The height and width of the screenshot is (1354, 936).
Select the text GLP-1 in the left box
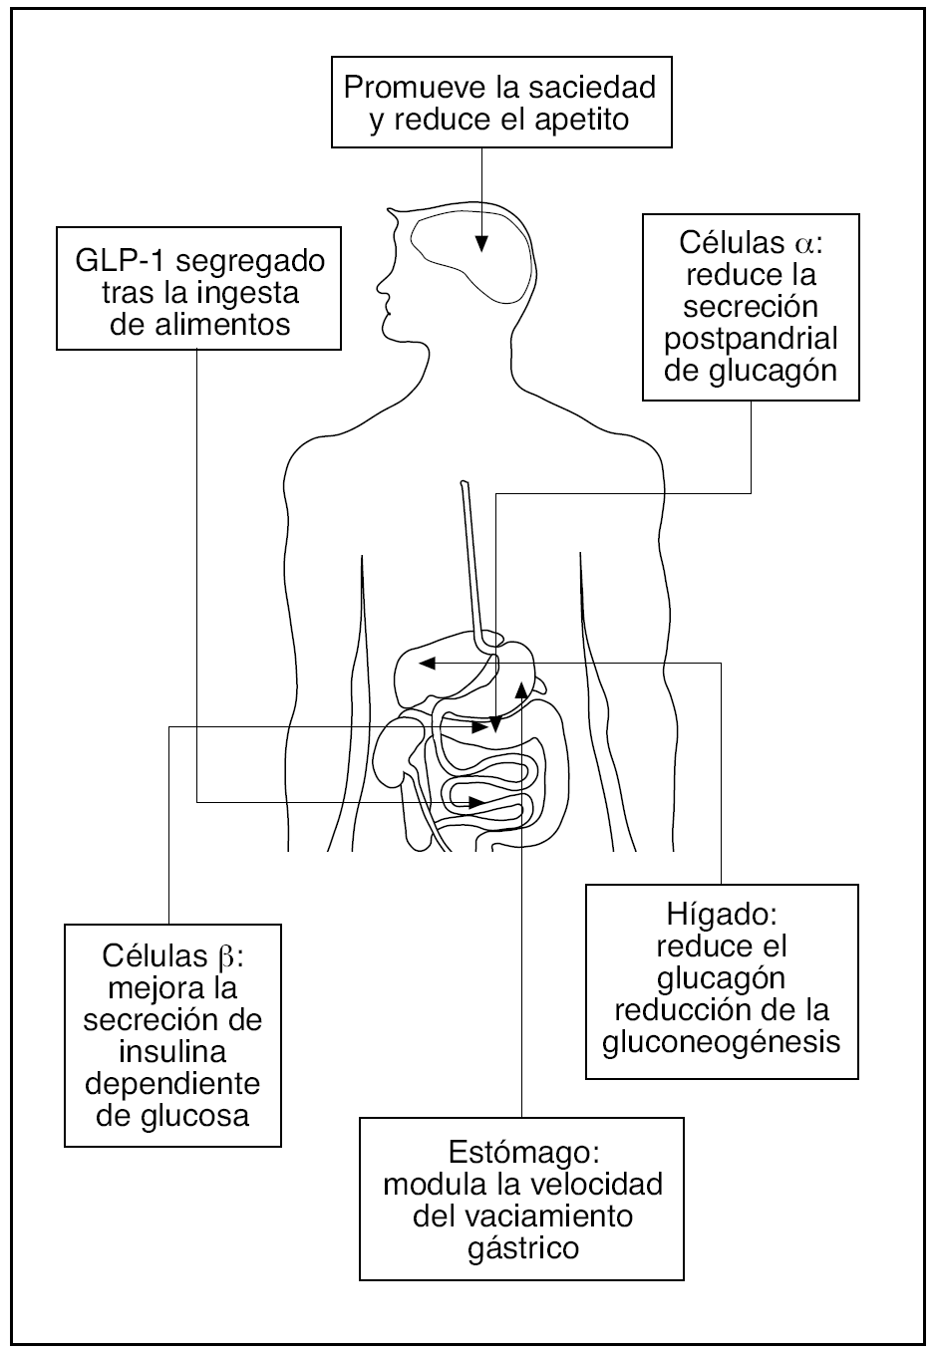coord(110,262)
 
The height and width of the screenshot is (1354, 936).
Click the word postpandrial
coord(751,338)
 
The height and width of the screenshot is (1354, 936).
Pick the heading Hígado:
coord(721,914)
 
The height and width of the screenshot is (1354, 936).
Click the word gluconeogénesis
coord(722,1041)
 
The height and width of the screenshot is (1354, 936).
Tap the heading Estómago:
coord(522,1154)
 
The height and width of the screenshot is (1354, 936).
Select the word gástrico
coord(522,1248)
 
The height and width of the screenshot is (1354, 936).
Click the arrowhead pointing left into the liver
coord(426,663)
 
